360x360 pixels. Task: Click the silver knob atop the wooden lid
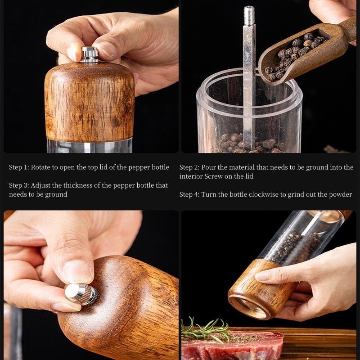pyautogui.click(x=90, y=54)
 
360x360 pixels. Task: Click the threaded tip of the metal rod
pyautogui.click(x=249, y=15)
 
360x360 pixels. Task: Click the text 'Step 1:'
pyautogui.click(x=19, y=167)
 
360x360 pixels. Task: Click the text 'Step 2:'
pyautogui.click(x=189, y=167)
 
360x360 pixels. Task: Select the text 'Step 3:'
pyautogui.click(x=19, y=185)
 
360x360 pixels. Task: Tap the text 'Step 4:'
pyautogui.click(x=189, y=194)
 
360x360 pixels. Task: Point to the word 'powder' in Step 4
pyautogui.click(x=340, y=194)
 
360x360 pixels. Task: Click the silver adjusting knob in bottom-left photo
pyautogui.click(x=81, y=293)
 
